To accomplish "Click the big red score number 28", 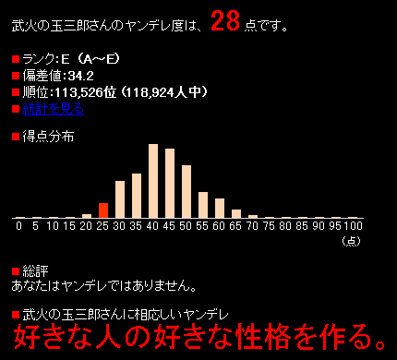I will [x=226, y=20].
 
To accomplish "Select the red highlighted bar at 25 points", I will [x=103, y=210].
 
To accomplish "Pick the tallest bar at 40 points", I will [x=153, y=181].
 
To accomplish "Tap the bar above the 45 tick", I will [x=170, y=183].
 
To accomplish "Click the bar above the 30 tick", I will [x=120, y=198].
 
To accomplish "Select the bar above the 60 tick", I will [x=220, y=208].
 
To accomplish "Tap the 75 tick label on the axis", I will [x=270, y=224].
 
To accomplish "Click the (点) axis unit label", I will [x=352, y=240].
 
